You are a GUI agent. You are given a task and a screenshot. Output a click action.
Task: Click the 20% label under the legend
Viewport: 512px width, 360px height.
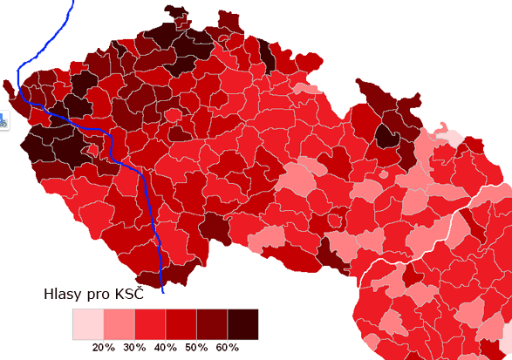(104, 348)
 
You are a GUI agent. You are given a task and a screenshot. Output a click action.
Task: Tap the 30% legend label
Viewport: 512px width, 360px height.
(134, 348)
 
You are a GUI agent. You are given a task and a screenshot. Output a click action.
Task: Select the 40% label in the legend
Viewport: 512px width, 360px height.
(166, 348)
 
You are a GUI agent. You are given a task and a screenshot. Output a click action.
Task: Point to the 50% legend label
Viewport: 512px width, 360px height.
(196, 348)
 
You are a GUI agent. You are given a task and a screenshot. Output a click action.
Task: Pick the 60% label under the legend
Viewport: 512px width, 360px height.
(228, 348)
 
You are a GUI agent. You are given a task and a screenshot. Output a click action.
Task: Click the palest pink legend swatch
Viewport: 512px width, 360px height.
(87, 323)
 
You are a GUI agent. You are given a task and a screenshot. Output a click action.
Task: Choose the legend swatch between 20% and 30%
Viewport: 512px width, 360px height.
(119, 323)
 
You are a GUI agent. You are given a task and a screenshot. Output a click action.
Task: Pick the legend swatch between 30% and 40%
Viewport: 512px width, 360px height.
(150, 323)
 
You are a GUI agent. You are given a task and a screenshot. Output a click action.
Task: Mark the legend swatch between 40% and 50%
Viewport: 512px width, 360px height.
(181, 323)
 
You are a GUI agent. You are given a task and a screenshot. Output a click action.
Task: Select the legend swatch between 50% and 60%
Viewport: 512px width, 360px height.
(212, 323)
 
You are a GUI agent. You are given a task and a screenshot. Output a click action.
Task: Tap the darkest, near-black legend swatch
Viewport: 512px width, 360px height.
(243, 323)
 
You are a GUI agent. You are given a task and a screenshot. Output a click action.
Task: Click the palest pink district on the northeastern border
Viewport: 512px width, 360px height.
(454, 138)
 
